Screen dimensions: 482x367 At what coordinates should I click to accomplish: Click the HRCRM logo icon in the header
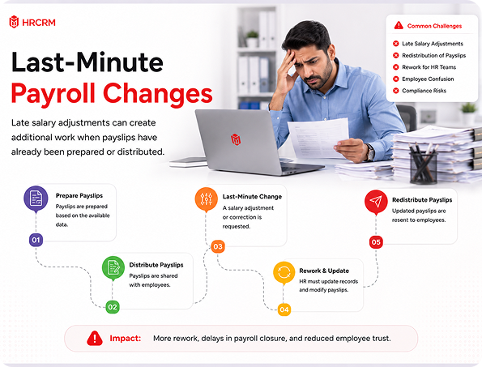[x=14, y=22]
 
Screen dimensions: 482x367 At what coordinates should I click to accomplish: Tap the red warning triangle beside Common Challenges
[x=399, y=25]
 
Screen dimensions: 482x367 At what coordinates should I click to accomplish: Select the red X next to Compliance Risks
[x=396, y=91]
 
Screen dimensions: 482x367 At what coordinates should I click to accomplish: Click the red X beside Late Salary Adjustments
[x=396, y=44]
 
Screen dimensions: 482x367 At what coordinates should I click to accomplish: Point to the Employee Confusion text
[x=428, y=79]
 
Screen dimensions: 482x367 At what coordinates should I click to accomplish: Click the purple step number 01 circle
[x=36, y=240]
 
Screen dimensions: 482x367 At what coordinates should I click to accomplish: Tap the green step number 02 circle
[x=113, y=307]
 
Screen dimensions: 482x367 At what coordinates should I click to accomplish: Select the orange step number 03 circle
[x=218, y=246]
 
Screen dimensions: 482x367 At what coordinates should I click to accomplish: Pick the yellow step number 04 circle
[x=284, y=309]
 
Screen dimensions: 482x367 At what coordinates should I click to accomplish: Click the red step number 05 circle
[x=376, y=242]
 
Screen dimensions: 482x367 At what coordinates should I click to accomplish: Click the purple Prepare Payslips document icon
[x=36, y=198]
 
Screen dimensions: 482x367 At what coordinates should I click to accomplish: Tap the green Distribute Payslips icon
[x=113, y=267]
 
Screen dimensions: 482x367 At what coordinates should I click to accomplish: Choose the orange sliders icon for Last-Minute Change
[x=207, y=199]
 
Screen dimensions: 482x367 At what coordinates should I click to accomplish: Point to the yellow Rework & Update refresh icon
[x=284, y=273]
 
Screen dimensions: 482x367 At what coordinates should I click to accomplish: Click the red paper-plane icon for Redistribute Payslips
[x=376, y=202]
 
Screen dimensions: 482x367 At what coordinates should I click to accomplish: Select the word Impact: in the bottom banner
[x=126, y=339]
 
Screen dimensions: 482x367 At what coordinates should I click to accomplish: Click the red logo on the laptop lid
[x=236, y=139]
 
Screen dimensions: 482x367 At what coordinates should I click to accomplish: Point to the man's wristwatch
[x=370, y=152]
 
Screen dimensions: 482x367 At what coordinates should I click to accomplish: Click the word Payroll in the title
[x=53, y=93]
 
